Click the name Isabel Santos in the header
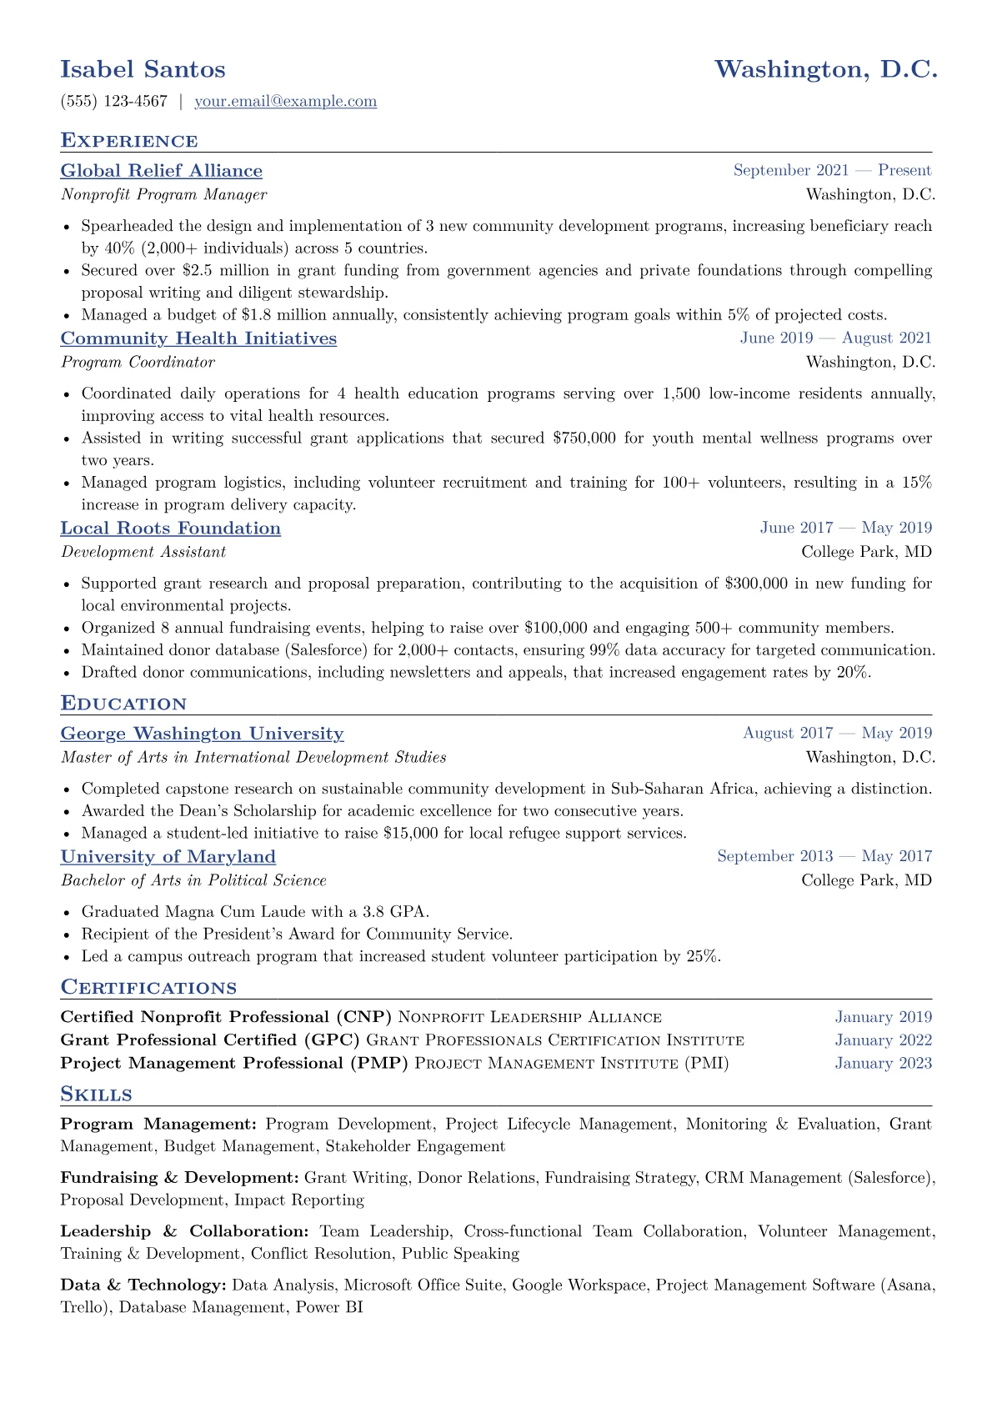tap(143, 69)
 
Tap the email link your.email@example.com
tap(285, 102)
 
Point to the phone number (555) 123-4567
tap(114, 102)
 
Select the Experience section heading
tap(129, 141)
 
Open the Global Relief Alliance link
tap(161, 171)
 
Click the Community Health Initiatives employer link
tap(198, 338)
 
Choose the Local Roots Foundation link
tap(170, 529)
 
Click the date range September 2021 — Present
tap(832, 171)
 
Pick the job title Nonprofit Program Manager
tap(163, 195)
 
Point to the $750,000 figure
tap(584, 438)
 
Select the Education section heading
tap(123, 704)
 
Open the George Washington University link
tap(202, 734)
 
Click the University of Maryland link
tap(168, 857)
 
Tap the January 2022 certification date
tap(883, 1040)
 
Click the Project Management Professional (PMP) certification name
tap(234, 1064)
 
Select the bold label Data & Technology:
tap(143, 1285)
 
